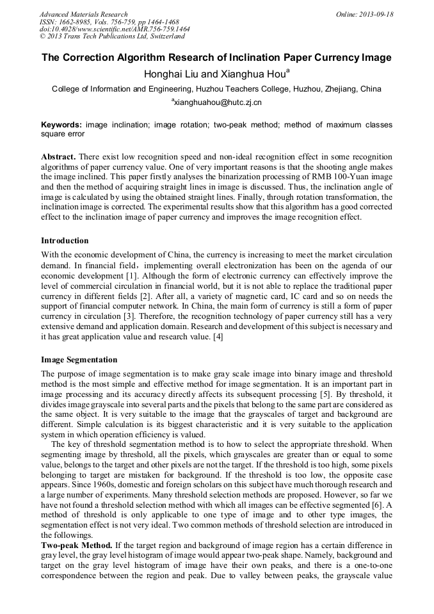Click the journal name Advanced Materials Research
pyautogui.click(x=83, y=14)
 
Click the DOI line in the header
pyautogui.click(x=114, y=29)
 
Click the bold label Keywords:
pyautogui.click(x=61, y=125)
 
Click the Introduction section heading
pyautogui.click(x=65, y=241)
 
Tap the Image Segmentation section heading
pyautogui.click(x=79, y=360)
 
